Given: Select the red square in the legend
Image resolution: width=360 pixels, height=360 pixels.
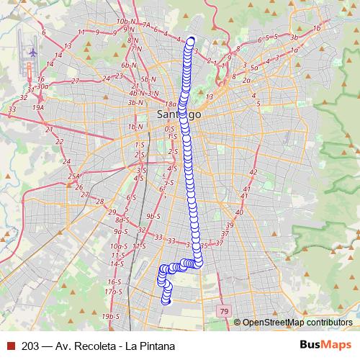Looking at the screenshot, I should click(11, 346).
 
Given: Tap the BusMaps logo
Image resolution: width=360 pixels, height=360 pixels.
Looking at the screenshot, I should click(326, 345).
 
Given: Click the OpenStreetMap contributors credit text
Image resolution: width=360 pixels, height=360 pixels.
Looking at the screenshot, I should click(297, 323).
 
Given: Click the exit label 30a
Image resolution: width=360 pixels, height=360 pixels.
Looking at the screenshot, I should click(42, 86).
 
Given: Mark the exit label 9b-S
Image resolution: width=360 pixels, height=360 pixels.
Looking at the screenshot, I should click(152, 215).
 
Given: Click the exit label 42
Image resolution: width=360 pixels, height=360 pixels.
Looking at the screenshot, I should click(253, 172).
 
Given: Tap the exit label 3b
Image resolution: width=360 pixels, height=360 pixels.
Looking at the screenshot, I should click(294, 37).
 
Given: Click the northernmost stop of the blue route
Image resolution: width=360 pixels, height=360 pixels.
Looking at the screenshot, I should click(192, 40).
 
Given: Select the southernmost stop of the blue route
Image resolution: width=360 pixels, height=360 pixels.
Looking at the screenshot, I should click(167, 300).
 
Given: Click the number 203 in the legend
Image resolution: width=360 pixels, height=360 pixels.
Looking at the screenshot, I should click(31, 346).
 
